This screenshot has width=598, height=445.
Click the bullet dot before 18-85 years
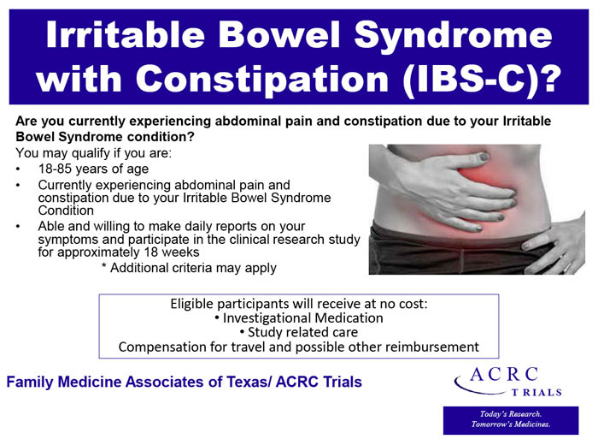click(x=19, y=169)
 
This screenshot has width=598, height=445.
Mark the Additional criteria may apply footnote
click(x=189, y=268)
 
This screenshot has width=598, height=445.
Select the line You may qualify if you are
click(x=94, y=153)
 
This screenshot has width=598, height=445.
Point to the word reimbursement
click(x=432, y=347)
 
